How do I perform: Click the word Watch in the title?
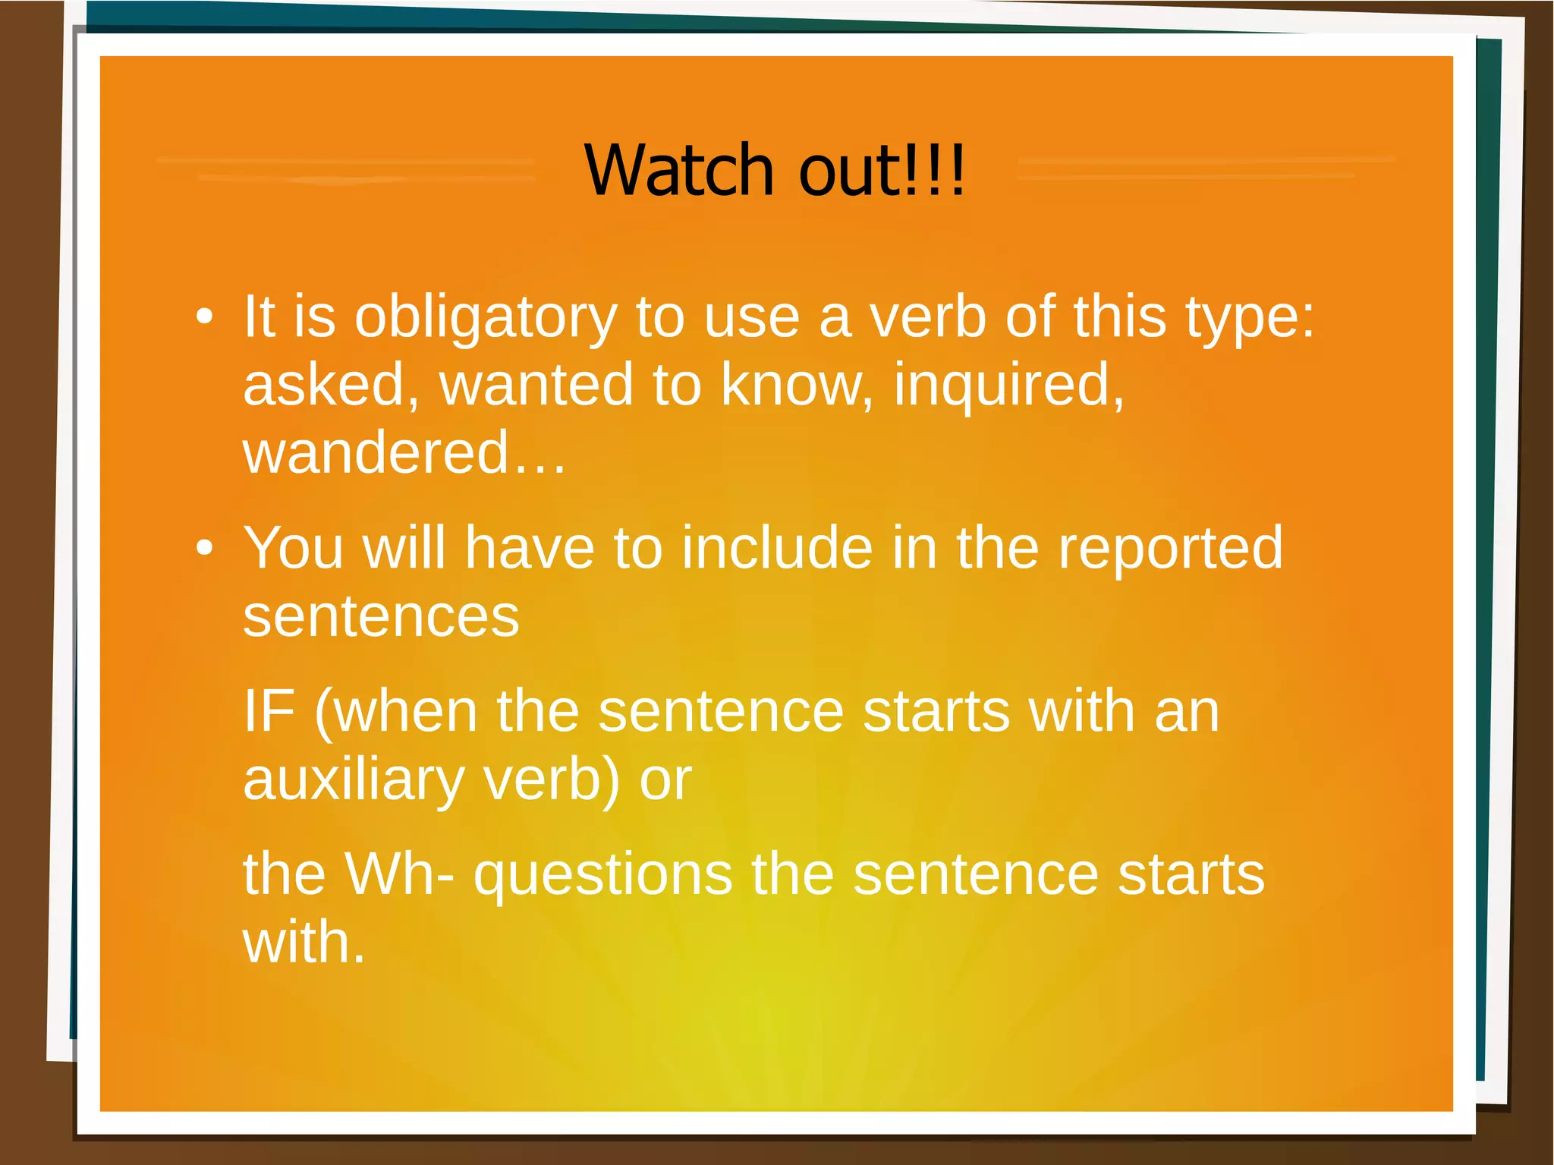[678, 170]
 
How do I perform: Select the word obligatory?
[486, 317]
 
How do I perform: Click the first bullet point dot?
[204, 316]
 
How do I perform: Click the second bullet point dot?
[204, 548]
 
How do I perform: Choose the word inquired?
[1008, 386]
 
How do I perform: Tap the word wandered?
[376, 452]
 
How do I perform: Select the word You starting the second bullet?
[294, 548]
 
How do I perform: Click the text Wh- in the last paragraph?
[400, 874]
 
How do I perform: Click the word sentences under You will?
[381, 616]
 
